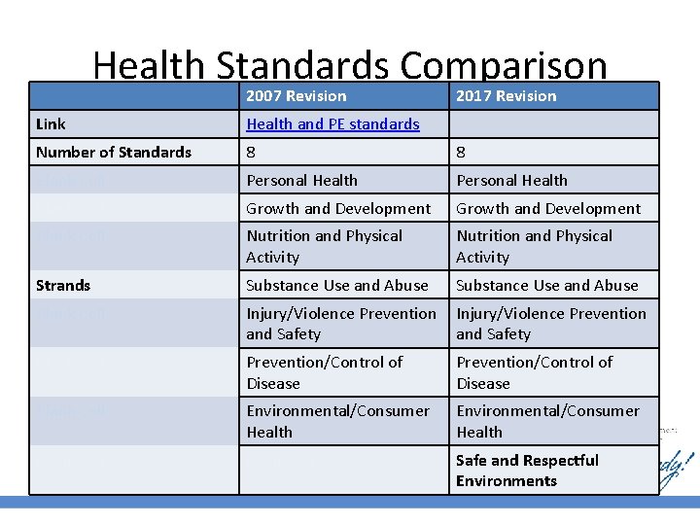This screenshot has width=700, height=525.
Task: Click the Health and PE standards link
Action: point(332,123)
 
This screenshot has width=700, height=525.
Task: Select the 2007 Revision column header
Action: point(296,95)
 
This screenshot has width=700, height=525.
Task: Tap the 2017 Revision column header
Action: point(506,95)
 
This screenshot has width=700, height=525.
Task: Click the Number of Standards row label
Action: point(113,152)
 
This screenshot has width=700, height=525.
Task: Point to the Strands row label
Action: point(63,285)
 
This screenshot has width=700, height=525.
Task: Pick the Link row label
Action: point(51,123)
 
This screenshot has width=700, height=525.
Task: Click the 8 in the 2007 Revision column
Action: point(252,152)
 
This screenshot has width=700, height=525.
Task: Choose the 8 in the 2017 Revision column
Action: point(462,152)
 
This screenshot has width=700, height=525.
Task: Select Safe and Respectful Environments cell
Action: point(527,471)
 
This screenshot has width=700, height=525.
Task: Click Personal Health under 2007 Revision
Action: point(301,180)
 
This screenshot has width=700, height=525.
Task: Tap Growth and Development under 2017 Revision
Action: point(548,208)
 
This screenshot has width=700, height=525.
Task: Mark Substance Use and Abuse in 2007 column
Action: point(336,285)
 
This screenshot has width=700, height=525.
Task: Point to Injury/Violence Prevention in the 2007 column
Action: point(340,323)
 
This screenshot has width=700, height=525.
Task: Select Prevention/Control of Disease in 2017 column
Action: point(534,371)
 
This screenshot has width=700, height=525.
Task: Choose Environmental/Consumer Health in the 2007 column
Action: point(337,421)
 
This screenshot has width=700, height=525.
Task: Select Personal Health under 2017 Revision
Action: point(511,180)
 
